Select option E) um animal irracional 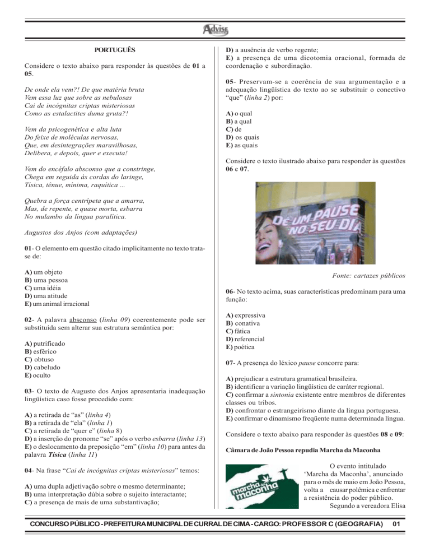[58, 304]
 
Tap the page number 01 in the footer [396, 539]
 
